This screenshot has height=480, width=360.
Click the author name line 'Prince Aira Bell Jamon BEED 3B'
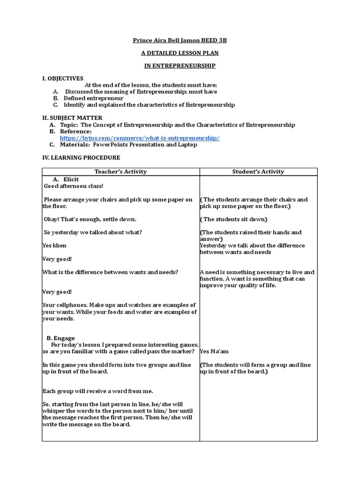180,41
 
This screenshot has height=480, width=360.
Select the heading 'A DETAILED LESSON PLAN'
180,53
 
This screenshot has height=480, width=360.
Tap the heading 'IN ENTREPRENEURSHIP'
180,66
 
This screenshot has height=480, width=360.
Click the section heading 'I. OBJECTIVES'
63,79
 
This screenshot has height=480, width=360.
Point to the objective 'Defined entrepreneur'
94,98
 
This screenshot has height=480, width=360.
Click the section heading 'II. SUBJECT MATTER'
72,118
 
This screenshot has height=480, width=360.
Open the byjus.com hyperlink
140,138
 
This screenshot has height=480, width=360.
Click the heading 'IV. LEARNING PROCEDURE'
81,158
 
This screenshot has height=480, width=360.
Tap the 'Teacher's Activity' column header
120,172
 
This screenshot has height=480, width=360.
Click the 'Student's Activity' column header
258,172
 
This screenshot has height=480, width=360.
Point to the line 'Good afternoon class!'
73,186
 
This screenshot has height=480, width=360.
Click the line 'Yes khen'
55,246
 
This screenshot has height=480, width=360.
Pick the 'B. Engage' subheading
60,338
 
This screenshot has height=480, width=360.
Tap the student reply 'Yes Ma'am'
214,351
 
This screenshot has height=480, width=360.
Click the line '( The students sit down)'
233,219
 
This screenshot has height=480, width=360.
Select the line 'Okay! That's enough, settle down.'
90,219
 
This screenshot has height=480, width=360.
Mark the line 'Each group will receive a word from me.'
97,391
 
